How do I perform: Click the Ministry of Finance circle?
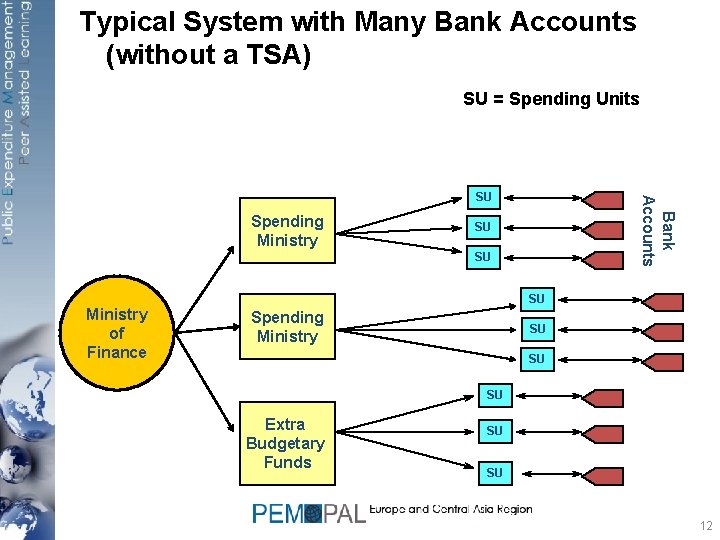116,333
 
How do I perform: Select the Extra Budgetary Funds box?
286,443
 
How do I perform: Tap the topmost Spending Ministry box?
287,231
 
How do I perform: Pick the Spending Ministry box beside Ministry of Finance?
287,327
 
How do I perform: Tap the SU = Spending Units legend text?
550,99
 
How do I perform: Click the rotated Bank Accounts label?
657,225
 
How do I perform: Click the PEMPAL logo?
309,513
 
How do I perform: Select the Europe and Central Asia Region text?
450,509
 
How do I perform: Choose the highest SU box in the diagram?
482,195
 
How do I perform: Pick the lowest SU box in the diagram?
494,471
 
